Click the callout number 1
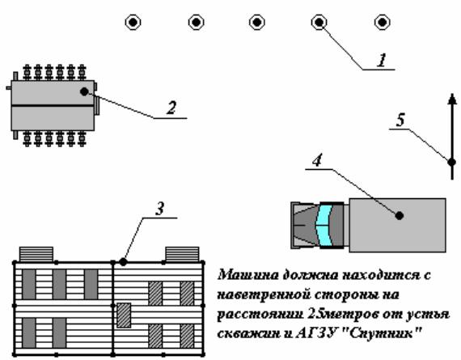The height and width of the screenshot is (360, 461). tap(382, 61)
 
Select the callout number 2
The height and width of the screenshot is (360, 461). tap(171, 108)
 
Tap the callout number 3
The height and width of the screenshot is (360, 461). tap(159, 209)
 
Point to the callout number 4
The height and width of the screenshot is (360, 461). tap(317, 161)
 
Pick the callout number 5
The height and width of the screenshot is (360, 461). tap(400, 120)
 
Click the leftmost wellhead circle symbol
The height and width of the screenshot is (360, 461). tap(133, 22)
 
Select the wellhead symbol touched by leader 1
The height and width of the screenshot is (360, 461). tap(319, 22)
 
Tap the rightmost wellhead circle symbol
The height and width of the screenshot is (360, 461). tap(383, 22)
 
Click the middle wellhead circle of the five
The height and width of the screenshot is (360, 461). tap(257, 22)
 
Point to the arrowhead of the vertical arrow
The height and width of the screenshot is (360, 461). tap(452, 99)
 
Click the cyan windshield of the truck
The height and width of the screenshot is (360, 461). tap(324, 225)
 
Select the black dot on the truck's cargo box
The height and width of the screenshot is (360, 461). tap(399, 215)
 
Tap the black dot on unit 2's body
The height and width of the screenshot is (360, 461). tap(84, 91)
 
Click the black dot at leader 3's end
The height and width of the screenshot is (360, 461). tap(123, 261)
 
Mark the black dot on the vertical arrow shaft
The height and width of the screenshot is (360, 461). tap(451, 162)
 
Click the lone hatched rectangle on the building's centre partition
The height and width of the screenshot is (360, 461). tap(124, 316)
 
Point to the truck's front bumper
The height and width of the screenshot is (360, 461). tap(295, 225)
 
